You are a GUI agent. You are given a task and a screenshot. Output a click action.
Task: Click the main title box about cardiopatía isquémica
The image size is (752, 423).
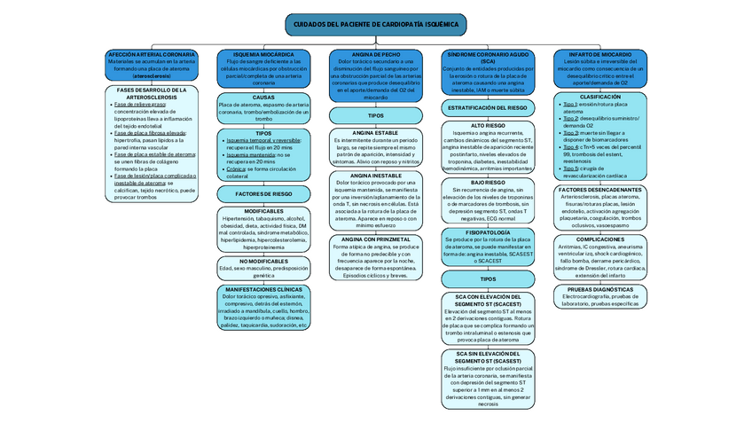tap(376, 25)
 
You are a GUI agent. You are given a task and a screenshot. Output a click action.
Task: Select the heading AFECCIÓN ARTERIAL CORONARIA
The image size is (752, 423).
tap(152, 54)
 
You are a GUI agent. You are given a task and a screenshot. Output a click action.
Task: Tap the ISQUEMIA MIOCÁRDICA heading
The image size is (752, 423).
tap(263, 54)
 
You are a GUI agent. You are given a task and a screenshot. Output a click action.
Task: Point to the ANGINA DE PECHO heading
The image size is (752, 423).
tap(376, 54)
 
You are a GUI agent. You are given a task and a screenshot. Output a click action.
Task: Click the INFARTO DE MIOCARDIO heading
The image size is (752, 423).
tap(600, 54)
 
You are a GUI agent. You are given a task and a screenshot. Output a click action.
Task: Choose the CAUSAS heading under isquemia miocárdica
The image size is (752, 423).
tap(263, 97)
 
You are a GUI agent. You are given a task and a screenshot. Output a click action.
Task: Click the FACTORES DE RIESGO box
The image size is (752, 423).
tap(263, 193)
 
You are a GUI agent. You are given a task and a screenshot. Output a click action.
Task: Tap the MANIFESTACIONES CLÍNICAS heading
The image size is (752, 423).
tap(263, 289)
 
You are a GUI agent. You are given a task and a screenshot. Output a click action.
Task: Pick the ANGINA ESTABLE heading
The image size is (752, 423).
tap(376, 133)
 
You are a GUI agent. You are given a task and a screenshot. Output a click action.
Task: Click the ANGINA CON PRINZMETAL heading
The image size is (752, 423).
tap(376, 239)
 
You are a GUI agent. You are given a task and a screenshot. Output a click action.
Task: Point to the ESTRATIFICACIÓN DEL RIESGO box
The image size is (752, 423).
tap(488, 107)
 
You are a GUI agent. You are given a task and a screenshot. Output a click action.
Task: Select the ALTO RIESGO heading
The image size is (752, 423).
tap(488, 126)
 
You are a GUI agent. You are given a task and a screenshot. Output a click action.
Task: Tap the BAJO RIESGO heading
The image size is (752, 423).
tap(488, 182)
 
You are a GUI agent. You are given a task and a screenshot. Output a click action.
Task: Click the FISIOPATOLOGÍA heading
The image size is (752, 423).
tap(488, 232)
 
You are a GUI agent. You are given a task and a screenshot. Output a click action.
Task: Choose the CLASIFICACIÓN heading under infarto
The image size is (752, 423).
tap(600, 97)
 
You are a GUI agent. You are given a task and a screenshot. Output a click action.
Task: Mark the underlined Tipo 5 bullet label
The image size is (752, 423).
tap(570, 168)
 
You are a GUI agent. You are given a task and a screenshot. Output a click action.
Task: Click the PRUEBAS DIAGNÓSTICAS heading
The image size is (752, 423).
tap(600, 289)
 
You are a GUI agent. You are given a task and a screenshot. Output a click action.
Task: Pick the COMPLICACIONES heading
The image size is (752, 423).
tap(600, 239)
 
